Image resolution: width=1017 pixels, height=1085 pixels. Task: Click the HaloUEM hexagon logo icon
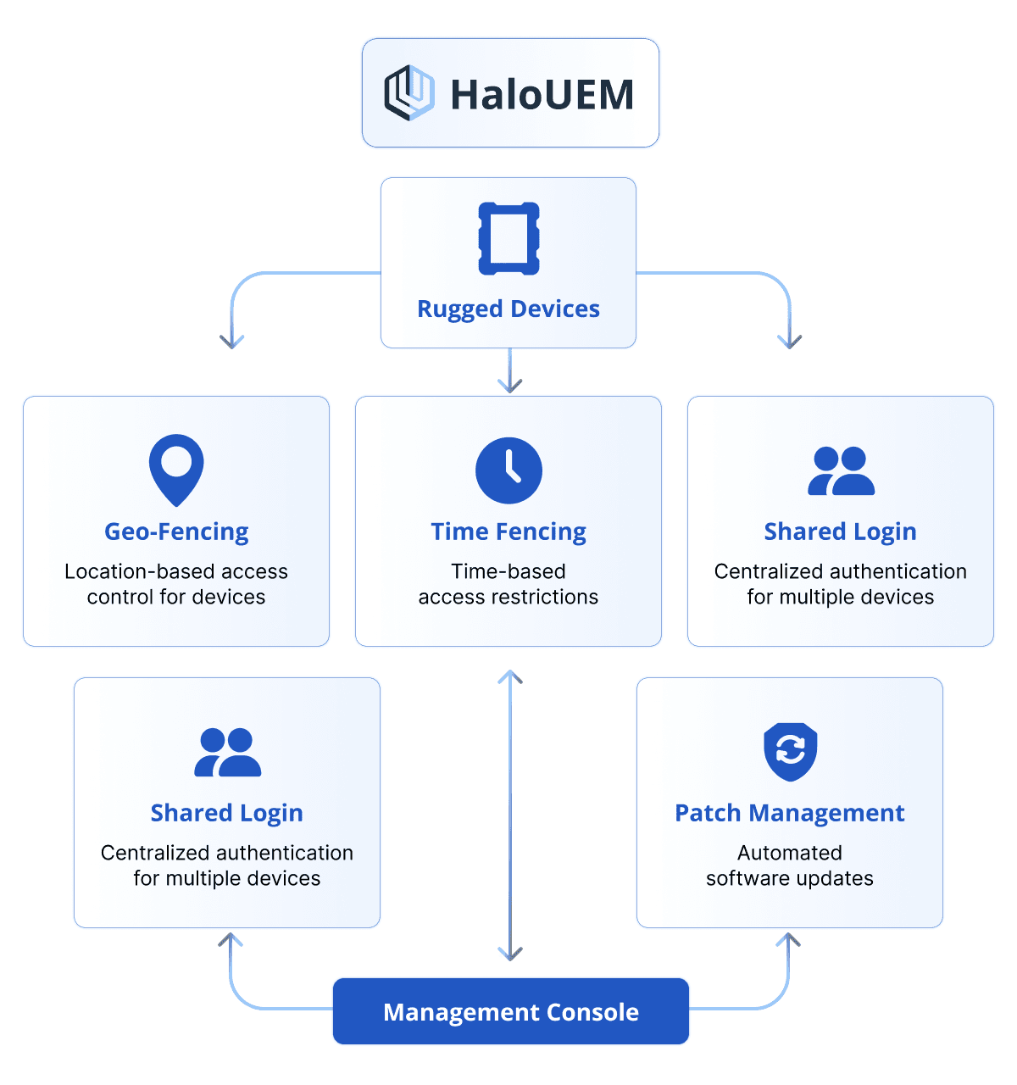(409, 93)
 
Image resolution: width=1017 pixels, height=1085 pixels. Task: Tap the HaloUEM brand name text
(542, 94)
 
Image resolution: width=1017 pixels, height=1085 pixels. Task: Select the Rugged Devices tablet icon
(508, 238)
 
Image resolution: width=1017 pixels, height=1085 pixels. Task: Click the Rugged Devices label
(508, 309)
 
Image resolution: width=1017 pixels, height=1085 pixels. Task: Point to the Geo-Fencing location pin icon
(176, 469)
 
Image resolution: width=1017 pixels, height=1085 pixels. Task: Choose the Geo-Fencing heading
(176, 531)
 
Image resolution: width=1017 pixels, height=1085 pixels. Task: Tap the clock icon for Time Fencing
(508, 470)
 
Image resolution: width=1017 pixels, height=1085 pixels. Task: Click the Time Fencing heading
(508, 531)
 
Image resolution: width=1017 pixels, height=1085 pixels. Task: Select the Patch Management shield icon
(790, 751)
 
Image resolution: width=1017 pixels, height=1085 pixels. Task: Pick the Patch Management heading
(790, 813)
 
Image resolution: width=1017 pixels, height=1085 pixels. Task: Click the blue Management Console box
(511, 1011)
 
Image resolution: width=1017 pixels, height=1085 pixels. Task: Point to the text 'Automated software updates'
(790, 865)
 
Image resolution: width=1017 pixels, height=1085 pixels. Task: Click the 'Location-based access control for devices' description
(176, 584)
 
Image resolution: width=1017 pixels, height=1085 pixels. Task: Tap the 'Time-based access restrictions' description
(508, 584)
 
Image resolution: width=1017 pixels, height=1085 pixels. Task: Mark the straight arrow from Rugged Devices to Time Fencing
(509, 370)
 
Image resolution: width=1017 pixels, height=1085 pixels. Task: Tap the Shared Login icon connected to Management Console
(227, 753)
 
